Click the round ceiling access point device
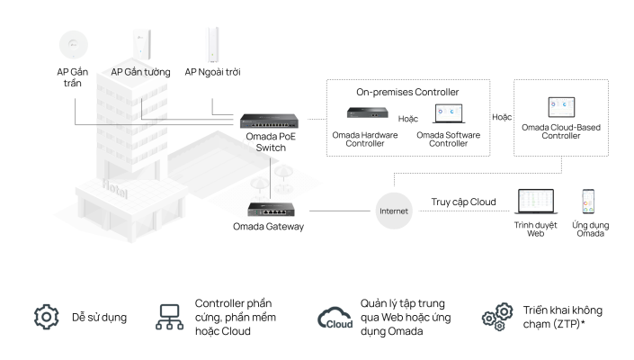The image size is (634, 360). [68, 42]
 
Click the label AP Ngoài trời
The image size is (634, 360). [212, 71]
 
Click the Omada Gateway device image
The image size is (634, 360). [266, 209]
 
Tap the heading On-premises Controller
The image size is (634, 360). [406, 91]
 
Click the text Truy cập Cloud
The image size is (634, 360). [464, 202]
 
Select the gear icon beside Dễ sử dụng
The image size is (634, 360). [46, 317]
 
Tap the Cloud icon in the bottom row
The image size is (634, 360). [334, 319]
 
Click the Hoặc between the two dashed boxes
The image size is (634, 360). [501, 116]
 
